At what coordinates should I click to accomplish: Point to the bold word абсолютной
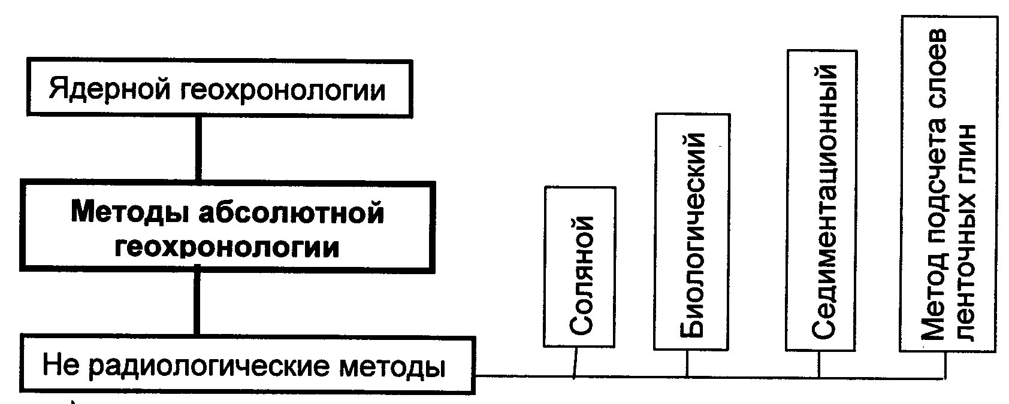click(290, 213)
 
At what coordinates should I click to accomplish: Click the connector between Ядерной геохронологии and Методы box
click(198, 147)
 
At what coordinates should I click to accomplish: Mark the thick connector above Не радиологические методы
click(196, 302)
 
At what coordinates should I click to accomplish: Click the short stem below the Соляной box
click(575, 362)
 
